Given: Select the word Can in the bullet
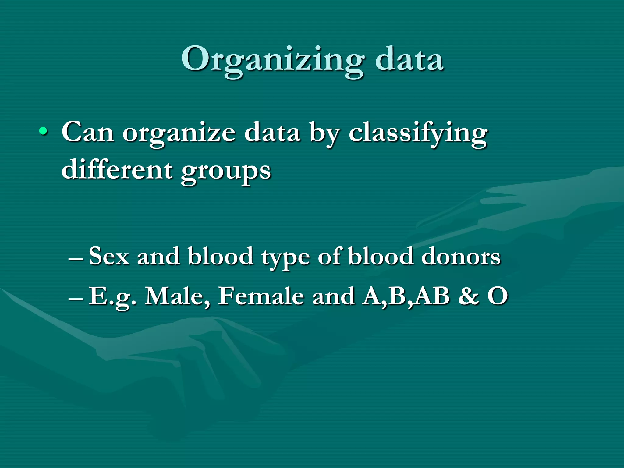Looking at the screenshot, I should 88,132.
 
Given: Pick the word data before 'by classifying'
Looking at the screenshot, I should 272,132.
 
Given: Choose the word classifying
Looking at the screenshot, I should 418,134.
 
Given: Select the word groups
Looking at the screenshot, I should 226,172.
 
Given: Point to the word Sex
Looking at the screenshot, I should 109,256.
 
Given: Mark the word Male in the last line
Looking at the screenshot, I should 177,296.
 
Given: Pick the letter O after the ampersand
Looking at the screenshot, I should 498,296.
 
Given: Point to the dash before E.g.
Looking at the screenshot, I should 76,299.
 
